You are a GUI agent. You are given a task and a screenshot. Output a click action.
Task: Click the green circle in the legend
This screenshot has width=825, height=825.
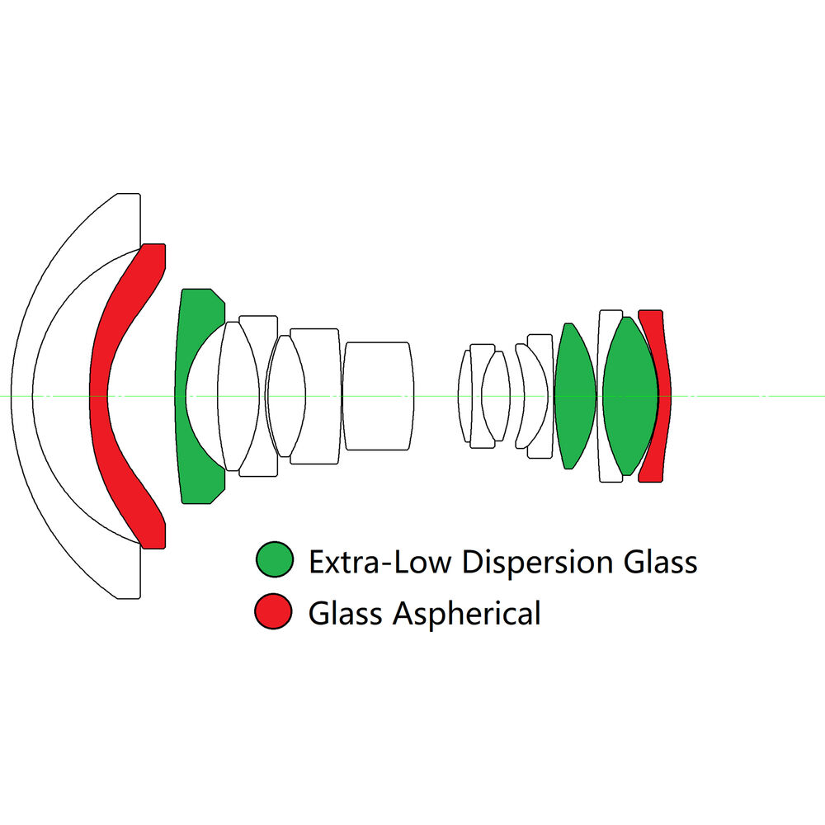coord(275,560)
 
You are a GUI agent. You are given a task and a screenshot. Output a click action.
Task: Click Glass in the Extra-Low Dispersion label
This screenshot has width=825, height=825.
coord(660,563)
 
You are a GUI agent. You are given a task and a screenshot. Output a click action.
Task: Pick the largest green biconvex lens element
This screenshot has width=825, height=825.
coord(630,396)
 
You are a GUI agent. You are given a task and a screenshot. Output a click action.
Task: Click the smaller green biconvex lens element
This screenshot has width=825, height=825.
coord(574,396)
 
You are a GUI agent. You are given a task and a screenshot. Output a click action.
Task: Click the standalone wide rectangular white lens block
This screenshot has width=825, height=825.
coord(377,396)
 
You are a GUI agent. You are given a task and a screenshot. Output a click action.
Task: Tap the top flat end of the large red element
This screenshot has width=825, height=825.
coord(153,252)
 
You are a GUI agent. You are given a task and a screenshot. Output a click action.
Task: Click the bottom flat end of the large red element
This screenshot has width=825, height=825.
coord(153,540)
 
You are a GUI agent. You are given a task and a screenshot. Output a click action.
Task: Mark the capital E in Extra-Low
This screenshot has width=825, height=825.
coord(316,563)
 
